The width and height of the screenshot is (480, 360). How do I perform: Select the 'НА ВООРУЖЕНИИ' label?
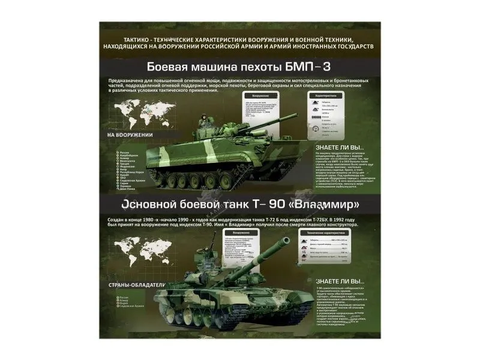pyautogui.click(x=130, y=135)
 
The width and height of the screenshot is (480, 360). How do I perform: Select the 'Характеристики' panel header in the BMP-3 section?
pyautogui.click(x=328, y=95)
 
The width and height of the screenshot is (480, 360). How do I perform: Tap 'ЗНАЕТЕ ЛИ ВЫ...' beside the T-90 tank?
pyautogui.click(x=340, y=280)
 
